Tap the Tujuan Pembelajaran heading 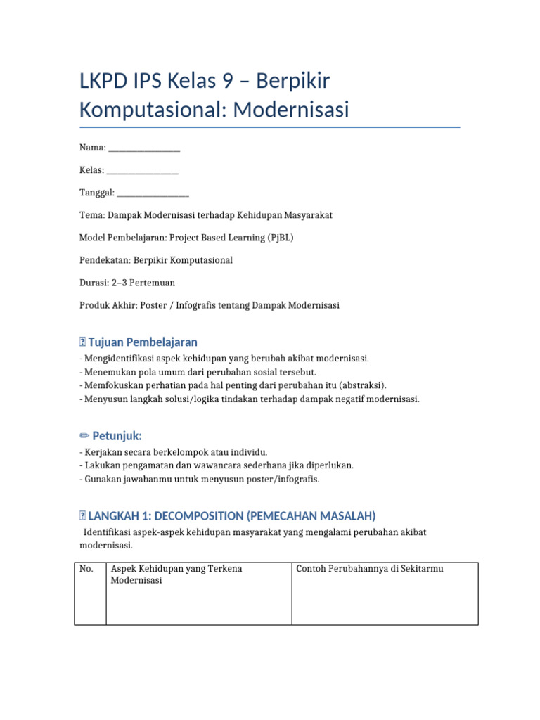tap(143, 342)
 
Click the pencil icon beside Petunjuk tap(84, 436)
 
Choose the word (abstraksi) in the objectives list tap(363, 385)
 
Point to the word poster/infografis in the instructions tap(278, 479)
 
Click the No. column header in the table tap(87, 569)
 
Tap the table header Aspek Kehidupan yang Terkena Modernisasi tap(176, 574)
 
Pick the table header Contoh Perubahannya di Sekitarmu tap(370, 569)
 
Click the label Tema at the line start tap(91, 215)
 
